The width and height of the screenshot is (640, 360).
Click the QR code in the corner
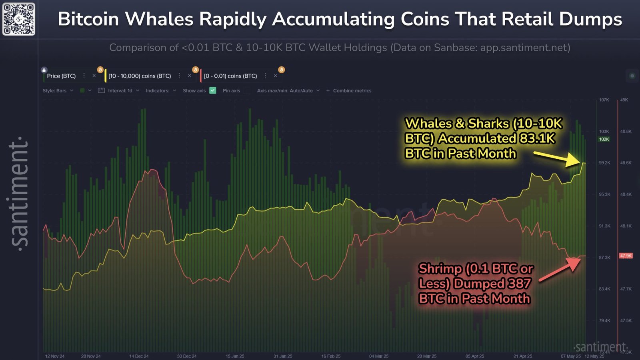click(19, 19)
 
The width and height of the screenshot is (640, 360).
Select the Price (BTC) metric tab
click(61, 76)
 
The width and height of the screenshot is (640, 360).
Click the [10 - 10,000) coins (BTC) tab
click(140, 76)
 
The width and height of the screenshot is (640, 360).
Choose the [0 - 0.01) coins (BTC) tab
click(230, 76)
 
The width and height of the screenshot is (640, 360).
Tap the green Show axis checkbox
click(213, 90)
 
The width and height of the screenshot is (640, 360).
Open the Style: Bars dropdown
click(58, 91)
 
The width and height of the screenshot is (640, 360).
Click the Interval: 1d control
click(120, 91)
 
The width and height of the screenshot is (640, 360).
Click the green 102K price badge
click(604, 139)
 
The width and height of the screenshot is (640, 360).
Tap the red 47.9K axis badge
click(626, 256)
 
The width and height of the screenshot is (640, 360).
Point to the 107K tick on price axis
click(604, 100)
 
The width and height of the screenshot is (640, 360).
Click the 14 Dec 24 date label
click(139, 356)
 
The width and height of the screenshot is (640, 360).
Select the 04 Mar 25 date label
click(378, 356)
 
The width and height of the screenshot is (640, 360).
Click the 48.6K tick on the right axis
click(626, 163)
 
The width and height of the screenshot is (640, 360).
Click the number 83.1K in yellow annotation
click(537, 138)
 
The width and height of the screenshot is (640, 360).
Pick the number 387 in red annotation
click(519, 284)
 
